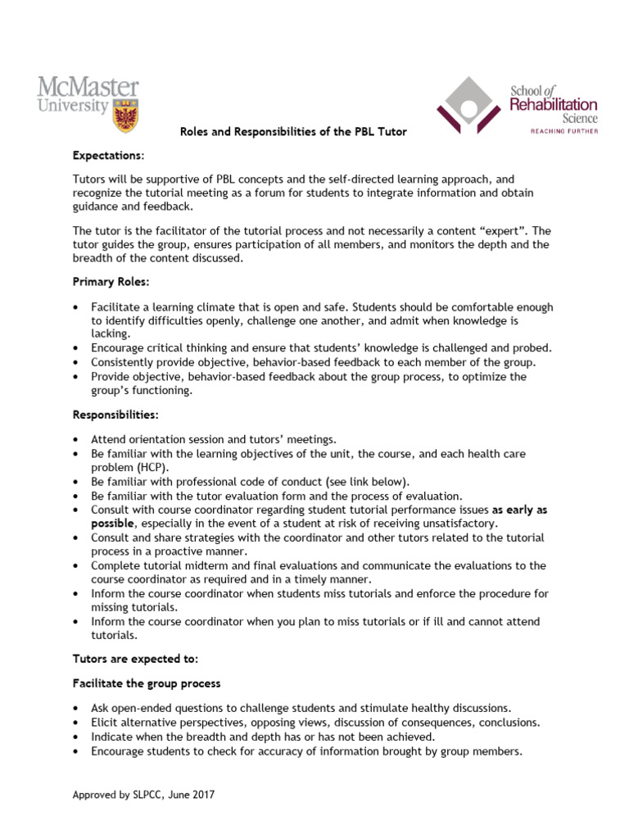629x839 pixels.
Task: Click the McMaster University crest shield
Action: tap(124, 115)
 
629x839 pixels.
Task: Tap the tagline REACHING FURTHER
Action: tap(553, 130)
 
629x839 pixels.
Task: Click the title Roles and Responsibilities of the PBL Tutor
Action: tap(293, 132)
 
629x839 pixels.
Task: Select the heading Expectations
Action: tap(108, 155)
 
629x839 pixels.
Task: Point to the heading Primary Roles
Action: tap(111, 281)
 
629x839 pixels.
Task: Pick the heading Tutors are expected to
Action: tap(135, 659)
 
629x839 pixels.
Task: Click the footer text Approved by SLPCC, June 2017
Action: tap(144, 794)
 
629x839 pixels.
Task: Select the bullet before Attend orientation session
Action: tap(75, 440)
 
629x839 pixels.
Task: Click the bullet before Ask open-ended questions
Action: tap(75, 708)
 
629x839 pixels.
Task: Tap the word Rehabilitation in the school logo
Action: tap(554, 104)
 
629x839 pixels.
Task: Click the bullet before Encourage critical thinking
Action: tap(75, 348)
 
